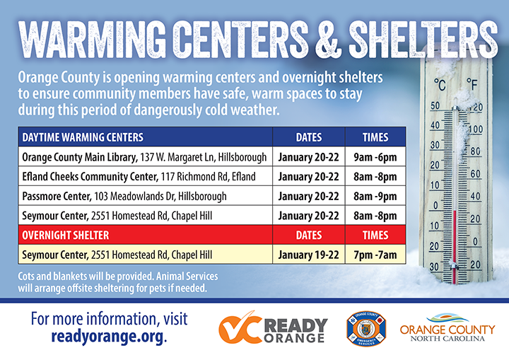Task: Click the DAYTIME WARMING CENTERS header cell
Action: [83, 137]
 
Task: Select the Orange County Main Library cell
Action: [144, 156]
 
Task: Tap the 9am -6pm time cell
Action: [375, 156]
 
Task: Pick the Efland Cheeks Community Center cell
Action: [144, 176]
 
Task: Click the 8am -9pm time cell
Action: [375, 196]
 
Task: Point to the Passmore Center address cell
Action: [144, 196]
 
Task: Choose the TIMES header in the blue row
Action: [375, 137]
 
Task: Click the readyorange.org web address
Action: [107, 337]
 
